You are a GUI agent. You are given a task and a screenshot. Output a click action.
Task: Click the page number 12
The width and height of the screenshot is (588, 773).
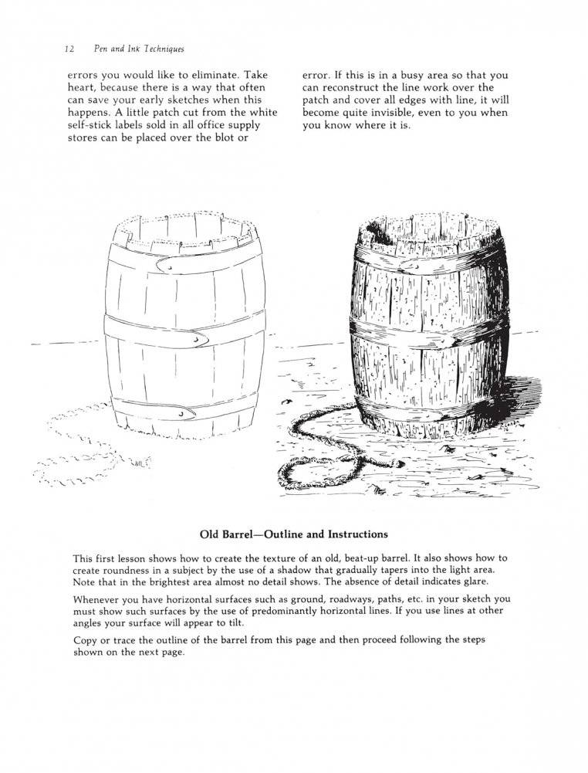[69, 49]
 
